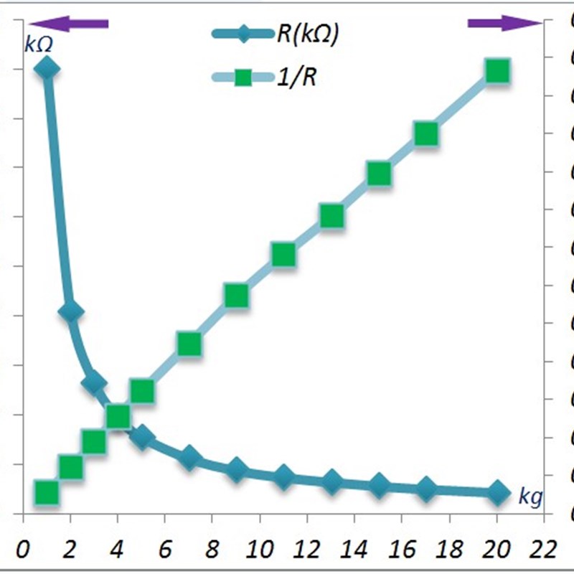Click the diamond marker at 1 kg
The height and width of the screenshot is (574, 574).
point(47,69)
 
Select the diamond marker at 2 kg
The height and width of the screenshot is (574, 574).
point(70,312)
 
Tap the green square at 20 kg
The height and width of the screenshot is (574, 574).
point(497,71)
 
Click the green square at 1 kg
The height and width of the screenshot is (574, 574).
point(47,492)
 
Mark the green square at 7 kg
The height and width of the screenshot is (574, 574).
point(189,344)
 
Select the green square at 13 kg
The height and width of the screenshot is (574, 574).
point(331,216)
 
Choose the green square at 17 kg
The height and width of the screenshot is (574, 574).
point(425,133)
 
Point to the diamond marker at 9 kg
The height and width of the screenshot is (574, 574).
point(236,470)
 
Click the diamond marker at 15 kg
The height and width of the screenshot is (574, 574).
point(378,486)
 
